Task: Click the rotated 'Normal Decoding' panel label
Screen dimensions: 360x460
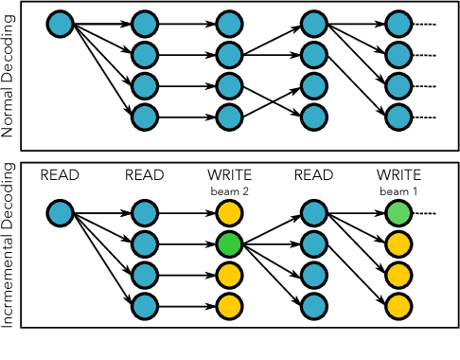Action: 10,77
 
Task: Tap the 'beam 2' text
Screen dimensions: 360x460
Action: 228,190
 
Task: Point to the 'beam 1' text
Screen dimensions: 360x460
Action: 397,190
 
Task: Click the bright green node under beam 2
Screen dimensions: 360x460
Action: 228,244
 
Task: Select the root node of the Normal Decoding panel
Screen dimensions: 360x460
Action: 60,21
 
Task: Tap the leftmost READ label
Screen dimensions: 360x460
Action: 60,175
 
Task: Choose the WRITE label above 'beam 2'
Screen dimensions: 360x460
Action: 228,175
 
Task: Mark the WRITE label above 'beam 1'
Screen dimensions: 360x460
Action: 397,175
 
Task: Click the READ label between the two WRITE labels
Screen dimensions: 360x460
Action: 312,175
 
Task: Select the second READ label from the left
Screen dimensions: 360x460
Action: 144,175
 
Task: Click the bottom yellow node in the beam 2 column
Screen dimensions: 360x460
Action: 228,306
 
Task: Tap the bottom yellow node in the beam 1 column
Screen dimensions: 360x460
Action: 397,306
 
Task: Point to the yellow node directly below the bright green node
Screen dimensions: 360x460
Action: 228,275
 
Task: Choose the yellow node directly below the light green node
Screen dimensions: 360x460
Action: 397,244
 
